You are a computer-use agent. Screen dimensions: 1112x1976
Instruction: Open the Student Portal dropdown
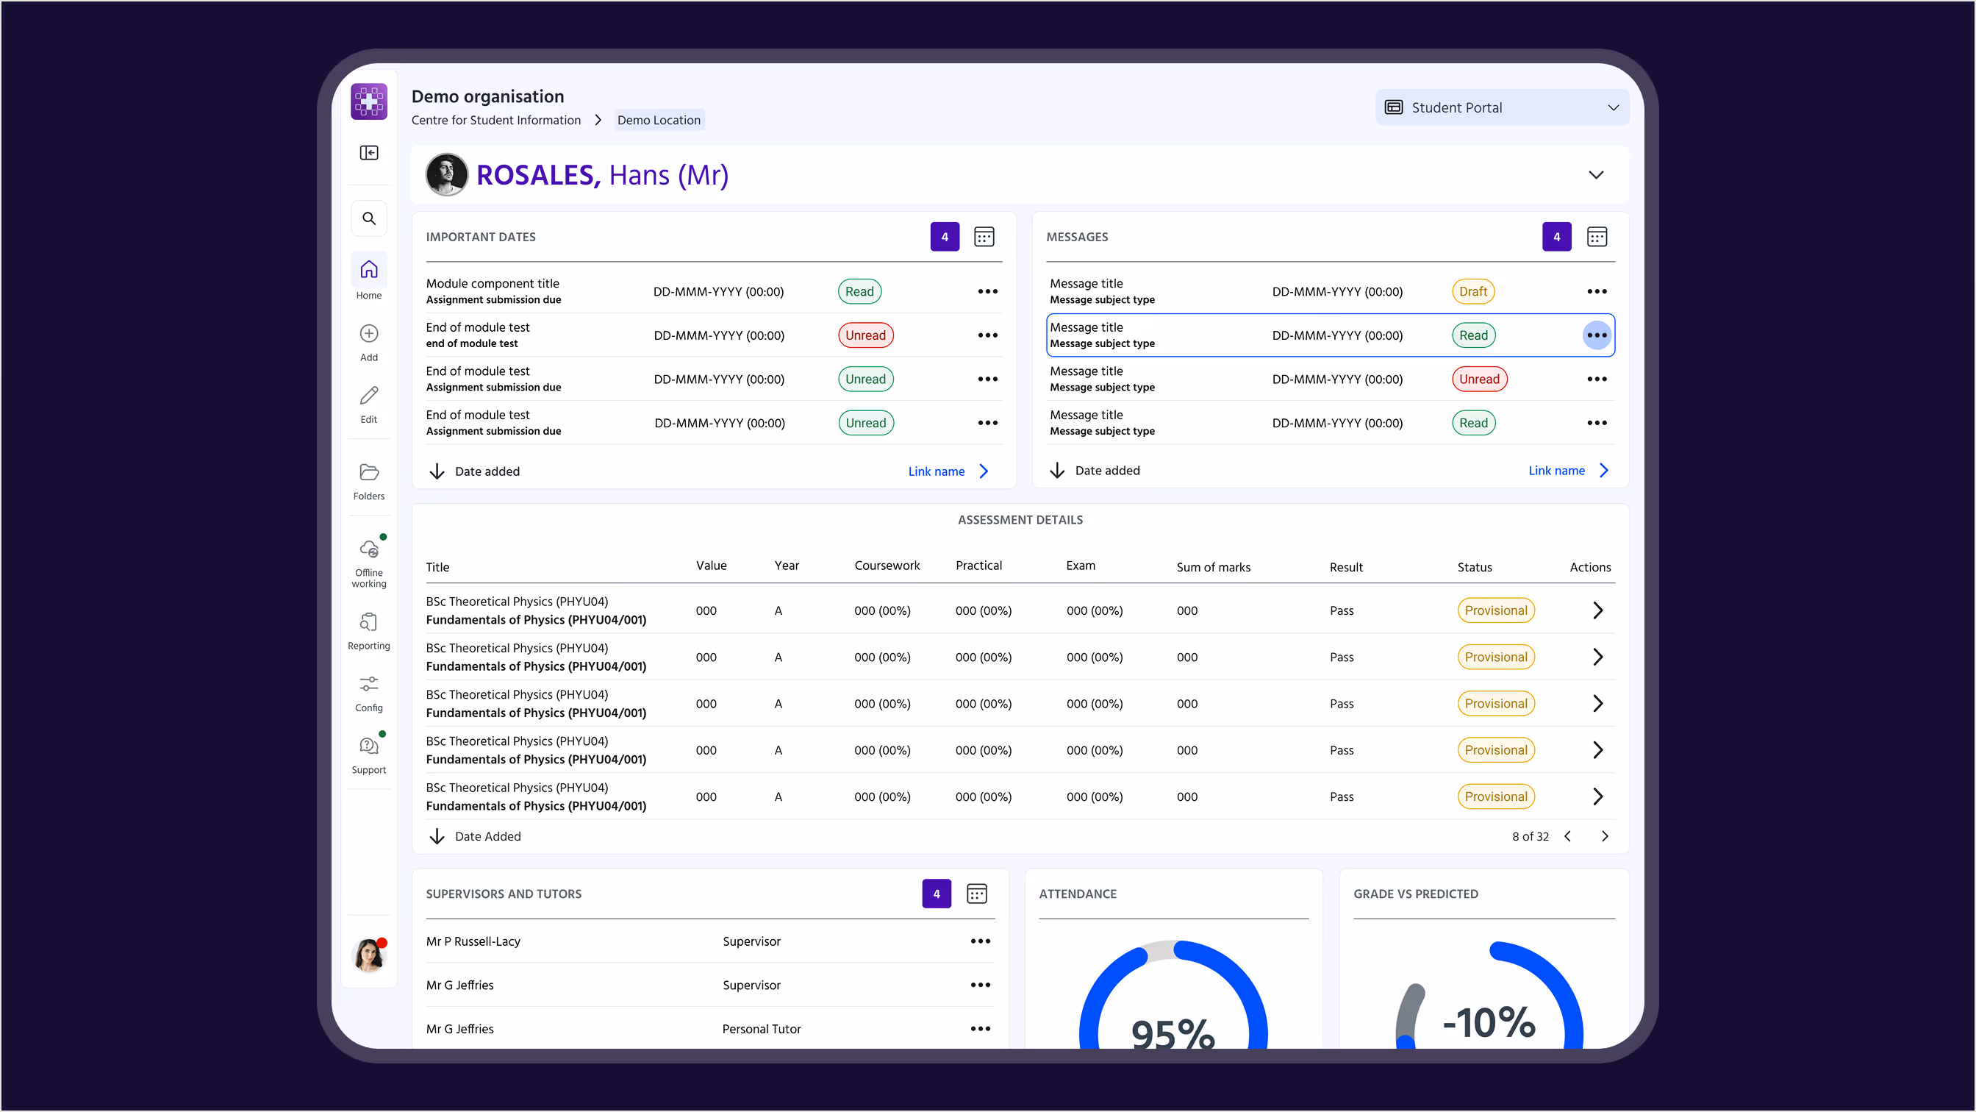(1501, 107)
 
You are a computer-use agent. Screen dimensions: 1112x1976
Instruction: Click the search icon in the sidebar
(369, 218)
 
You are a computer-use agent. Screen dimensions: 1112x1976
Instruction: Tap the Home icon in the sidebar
(369, 270)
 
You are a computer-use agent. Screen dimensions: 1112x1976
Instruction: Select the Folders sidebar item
(369, 480)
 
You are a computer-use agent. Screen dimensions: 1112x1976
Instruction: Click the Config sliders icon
(369, 684)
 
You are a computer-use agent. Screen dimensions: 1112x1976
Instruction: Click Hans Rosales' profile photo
(446, 174)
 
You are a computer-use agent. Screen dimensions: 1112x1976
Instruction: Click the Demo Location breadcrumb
(658, 121)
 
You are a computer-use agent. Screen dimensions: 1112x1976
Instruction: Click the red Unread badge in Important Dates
(865, 335)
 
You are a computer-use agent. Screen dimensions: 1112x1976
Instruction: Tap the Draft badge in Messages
(1472, 292)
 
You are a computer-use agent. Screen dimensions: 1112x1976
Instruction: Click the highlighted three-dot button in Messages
(1596, 335)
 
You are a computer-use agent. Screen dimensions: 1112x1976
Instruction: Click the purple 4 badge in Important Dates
(945, 237)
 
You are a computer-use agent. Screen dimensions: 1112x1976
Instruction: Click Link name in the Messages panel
(1556, 471)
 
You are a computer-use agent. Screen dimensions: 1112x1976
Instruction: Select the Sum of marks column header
(1213, 567)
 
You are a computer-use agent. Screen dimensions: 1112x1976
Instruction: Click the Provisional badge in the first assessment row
(1495, 611)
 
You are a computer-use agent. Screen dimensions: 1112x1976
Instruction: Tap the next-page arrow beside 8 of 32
(1604, 836)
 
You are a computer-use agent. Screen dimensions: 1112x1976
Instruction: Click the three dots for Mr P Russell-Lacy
(980, 941)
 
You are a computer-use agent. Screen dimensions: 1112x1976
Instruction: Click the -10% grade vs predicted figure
(1488, 1023)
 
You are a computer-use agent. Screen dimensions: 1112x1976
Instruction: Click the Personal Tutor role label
(761, 1029)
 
